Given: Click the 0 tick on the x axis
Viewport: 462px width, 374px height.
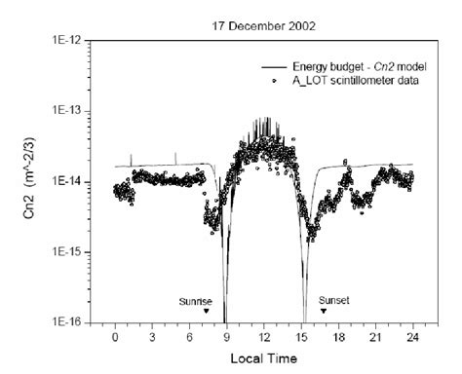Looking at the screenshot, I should (x=115, y=336).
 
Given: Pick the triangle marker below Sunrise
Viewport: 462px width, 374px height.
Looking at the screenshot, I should (x=207, y=312).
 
